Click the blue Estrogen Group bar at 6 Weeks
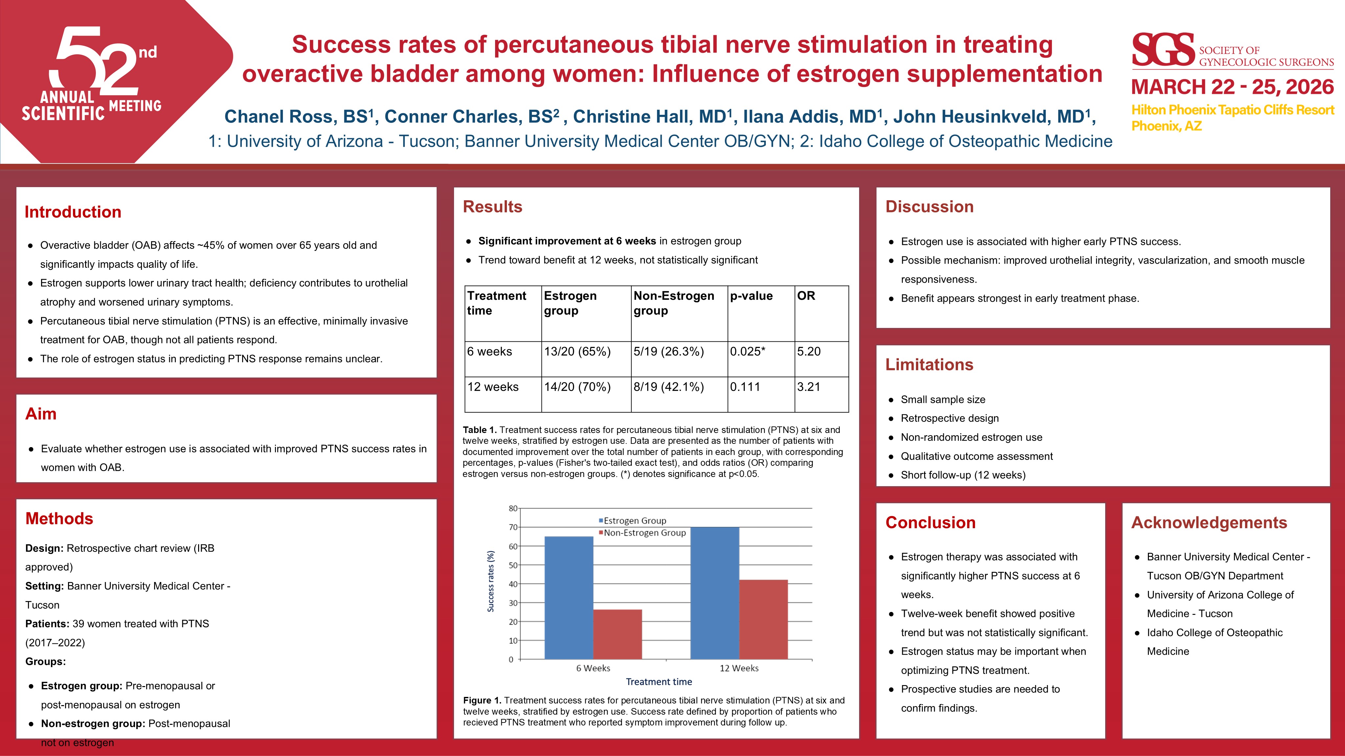coord(569,597)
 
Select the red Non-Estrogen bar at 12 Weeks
coord(764,619)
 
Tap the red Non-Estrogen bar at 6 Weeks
coord(618,634)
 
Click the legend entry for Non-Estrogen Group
coord(644,533)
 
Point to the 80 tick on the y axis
coord(513,508)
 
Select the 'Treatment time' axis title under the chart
coord(659,682)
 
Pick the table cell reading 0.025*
coord(748,352)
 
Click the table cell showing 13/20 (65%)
coord(577,352)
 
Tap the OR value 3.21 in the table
coord(809,387)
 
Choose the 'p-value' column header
coord(751,296)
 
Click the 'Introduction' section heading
coord(73,212)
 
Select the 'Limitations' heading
coord(929,364)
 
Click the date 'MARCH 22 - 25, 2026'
coord(1233,87)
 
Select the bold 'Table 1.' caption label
coord(479,430)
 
